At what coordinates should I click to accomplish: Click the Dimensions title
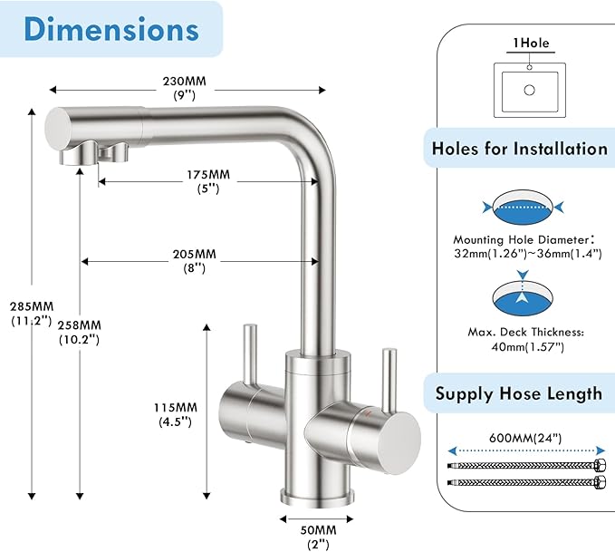click(111, 29)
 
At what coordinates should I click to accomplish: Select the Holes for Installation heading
click(519, 148)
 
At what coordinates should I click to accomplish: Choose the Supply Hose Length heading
click(519, 393)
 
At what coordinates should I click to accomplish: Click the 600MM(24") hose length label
click(524, 438)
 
